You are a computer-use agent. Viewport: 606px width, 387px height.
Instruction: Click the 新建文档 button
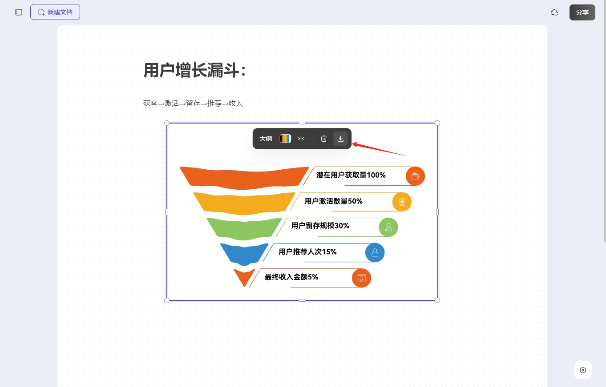pyautogui.click(x=55, y=12)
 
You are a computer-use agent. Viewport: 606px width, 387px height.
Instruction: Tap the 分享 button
pyautogui.click(x=582, y=12)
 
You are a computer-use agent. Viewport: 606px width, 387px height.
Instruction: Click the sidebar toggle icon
pyautogui.click(x=19, y=12)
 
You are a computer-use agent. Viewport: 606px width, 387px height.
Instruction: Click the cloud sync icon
pyautogui.click(x=554, y=12)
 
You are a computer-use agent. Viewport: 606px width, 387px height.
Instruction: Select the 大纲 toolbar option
pyautogui.click(x=265, y=139)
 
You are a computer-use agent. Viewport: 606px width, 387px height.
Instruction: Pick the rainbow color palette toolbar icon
pyautogui.click(x=285, y=139)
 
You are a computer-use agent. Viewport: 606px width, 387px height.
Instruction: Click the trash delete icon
pyautogui.click(x=323, y=139)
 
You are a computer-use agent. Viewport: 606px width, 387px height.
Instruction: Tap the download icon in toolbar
pyautogui.click(x=340, y=139)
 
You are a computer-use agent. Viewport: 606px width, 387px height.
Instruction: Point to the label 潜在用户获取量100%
pyautogui.click(x=351, y=175)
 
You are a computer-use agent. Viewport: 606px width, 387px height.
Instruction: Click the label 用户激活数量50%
pyautogui.click(x=333, y=201)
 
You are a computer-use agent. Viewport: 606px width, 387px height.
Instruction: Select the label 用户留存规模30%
pyautogui.click(x=320, y=226)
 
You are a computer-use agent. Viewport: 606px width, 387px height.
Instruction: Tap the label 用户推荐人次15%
pyautogui.click(x=307, y=252)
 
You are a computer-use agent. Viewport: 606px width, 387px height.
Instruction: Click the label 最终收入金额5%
pyautogui.click(x=291, y=277)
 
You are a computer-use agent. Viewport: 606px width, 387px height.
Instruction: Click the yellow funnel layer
pyautogui.click(x=244, y=203)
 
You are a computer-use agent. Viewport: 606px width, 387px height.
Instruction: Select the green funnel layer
pyautogui.click(x=244, y=229)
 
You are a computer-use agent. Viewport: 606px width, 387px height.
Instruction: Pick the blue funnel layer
pyautogui.click(x=244, y=254)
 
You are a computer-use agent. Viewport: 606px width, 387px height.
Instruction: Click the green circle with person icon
pyautogui.click(x=388, y=227)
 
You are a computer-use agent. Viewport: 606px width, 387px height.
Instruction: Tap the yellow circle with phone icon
pyautogui.click(x=402, y=202)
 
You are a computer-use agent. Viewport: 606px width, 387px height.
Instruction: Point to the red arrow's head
pyautogui.click(x=353, y=144)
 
